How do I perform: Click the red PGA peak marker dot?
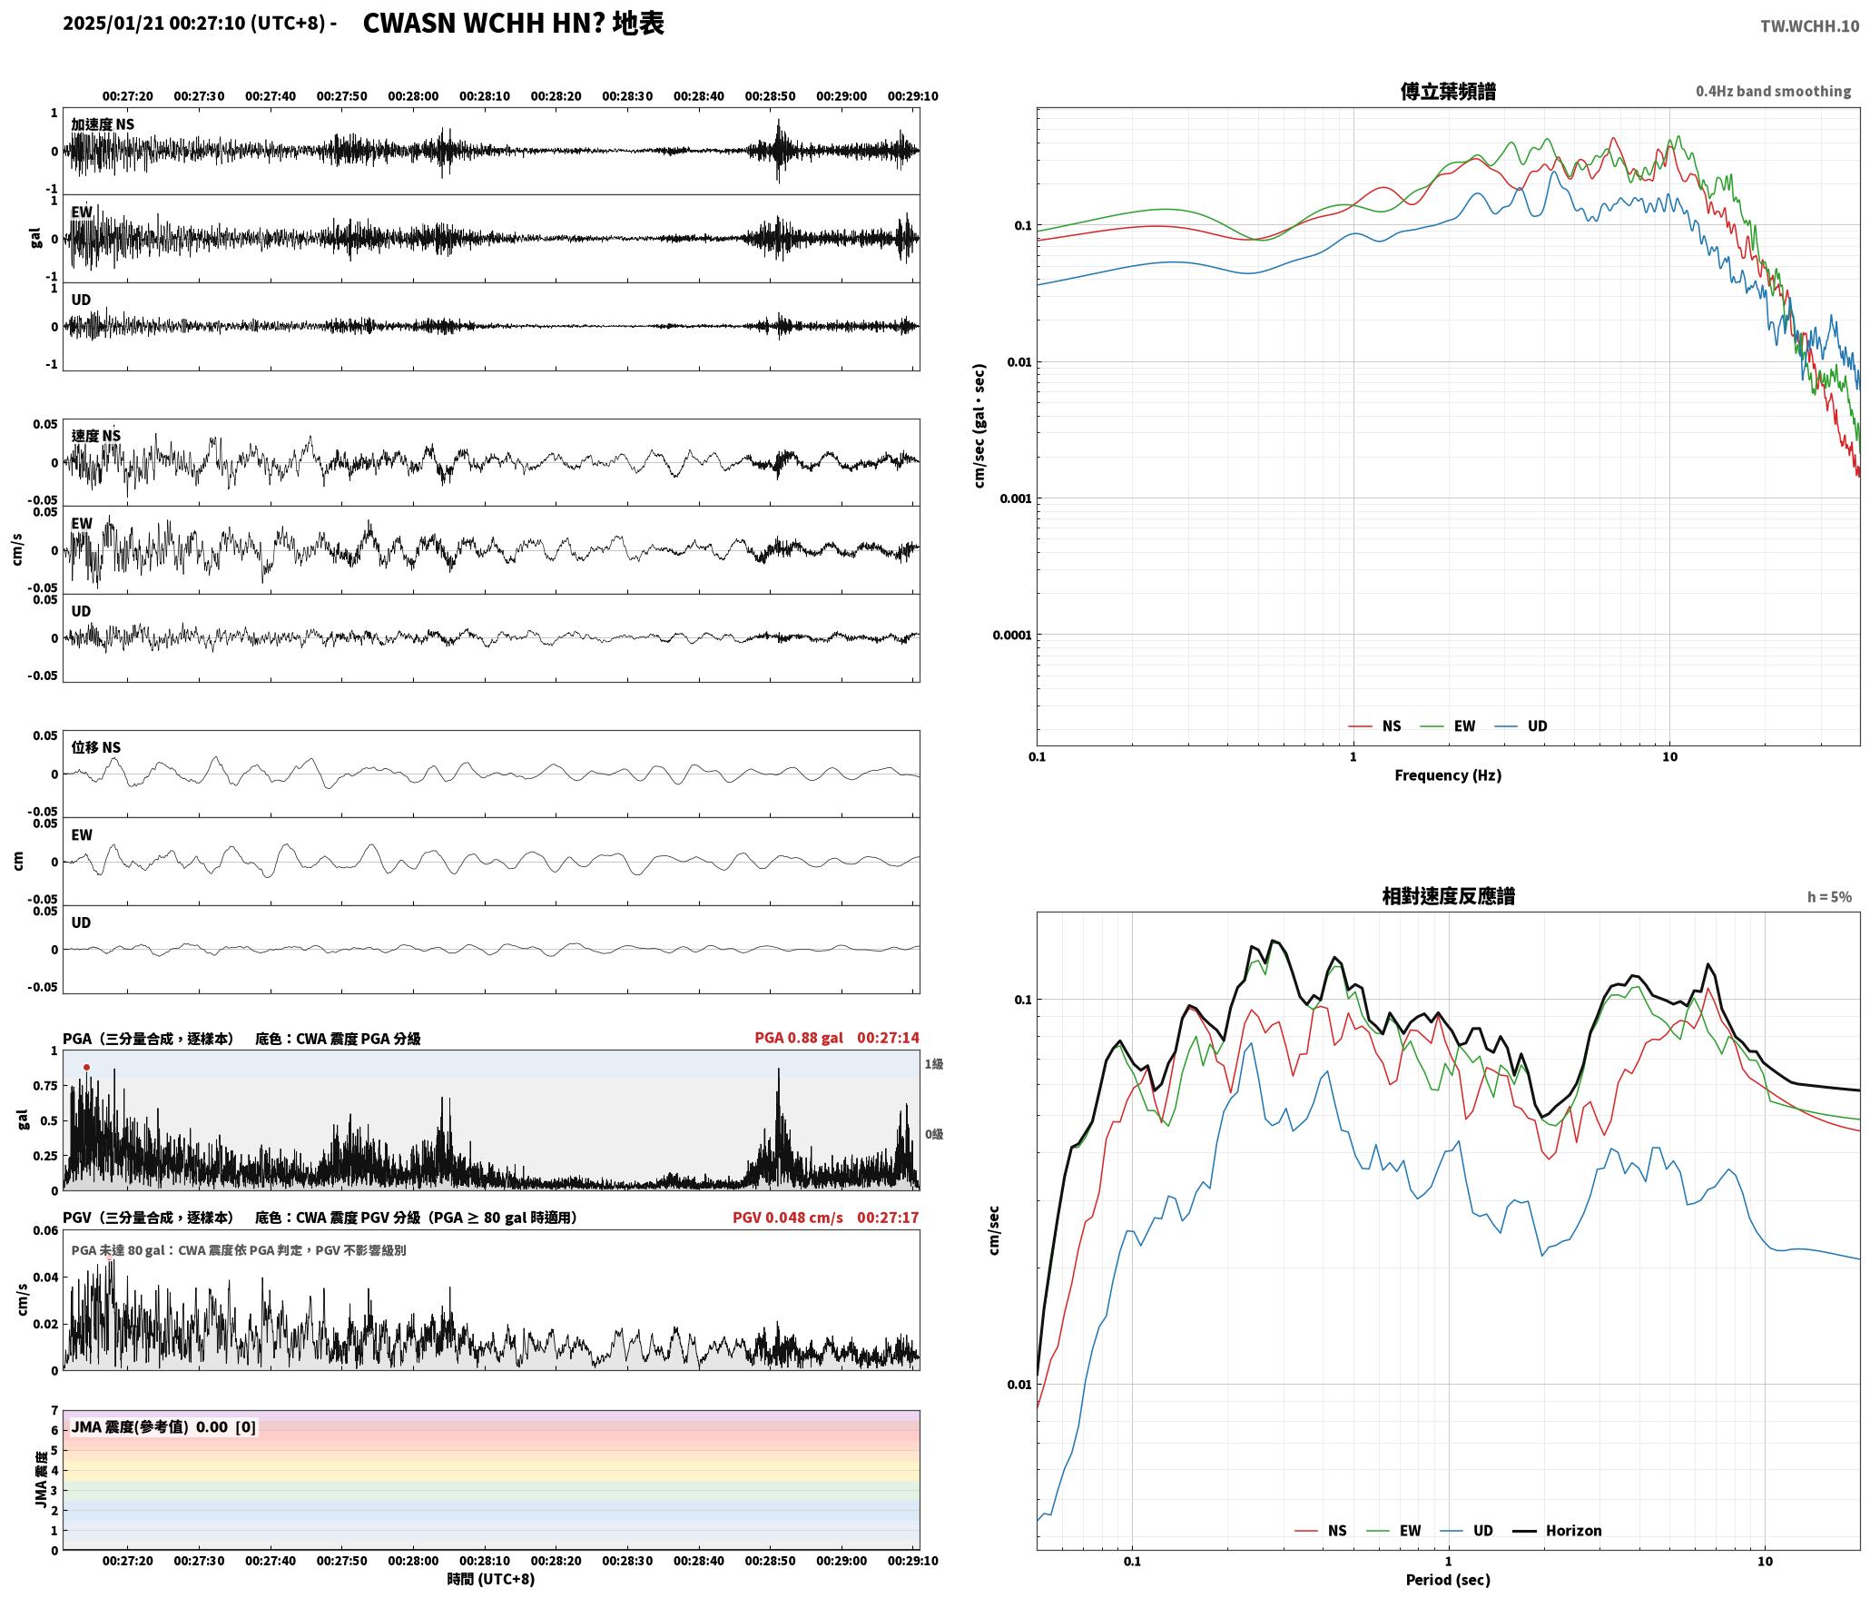tap(86, 1068)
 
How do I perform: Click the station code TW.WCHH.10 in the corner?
tap(1809, 26)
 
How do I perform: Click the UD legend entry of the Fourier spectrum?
tap(1521, 726)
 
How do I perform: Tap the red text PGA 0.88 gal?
tap(799, 1038)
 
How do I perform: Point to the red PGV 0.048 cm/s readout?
tap(788, 1218)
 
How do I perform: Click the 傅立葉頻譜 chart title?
tap(1448, 92)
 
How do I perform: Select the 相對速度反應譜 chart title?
tap(1448, 896)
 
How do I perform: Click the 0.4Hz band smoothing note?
tap(1773, 92)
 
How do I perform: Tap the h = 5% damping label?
tap(1829, 897)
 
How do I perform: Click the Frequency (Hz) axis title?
tap(1448, 775)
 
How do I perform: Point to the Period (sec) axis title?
tap(1448, 1580)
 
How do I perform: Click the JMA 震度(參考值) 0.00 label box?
tap(163, 1427)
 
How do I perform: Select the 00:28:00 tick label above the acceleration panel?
tap(413, 96)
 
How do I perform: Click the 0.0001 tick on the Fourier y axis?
tap(1012, 635)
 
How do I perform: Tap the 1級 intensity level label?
tap(934, 1064)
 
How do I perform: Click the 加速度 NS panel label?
tap(103, 124)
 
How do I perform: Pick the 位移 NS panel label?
tap(96, 748)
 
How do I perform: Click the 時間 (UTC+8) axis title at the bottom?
tap(491, 1580)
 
